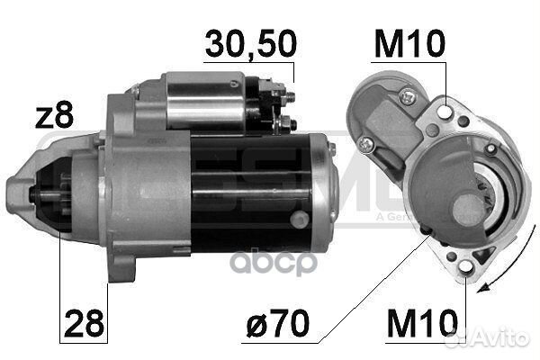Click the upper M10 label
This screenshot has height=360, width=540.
pos(409,42)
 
